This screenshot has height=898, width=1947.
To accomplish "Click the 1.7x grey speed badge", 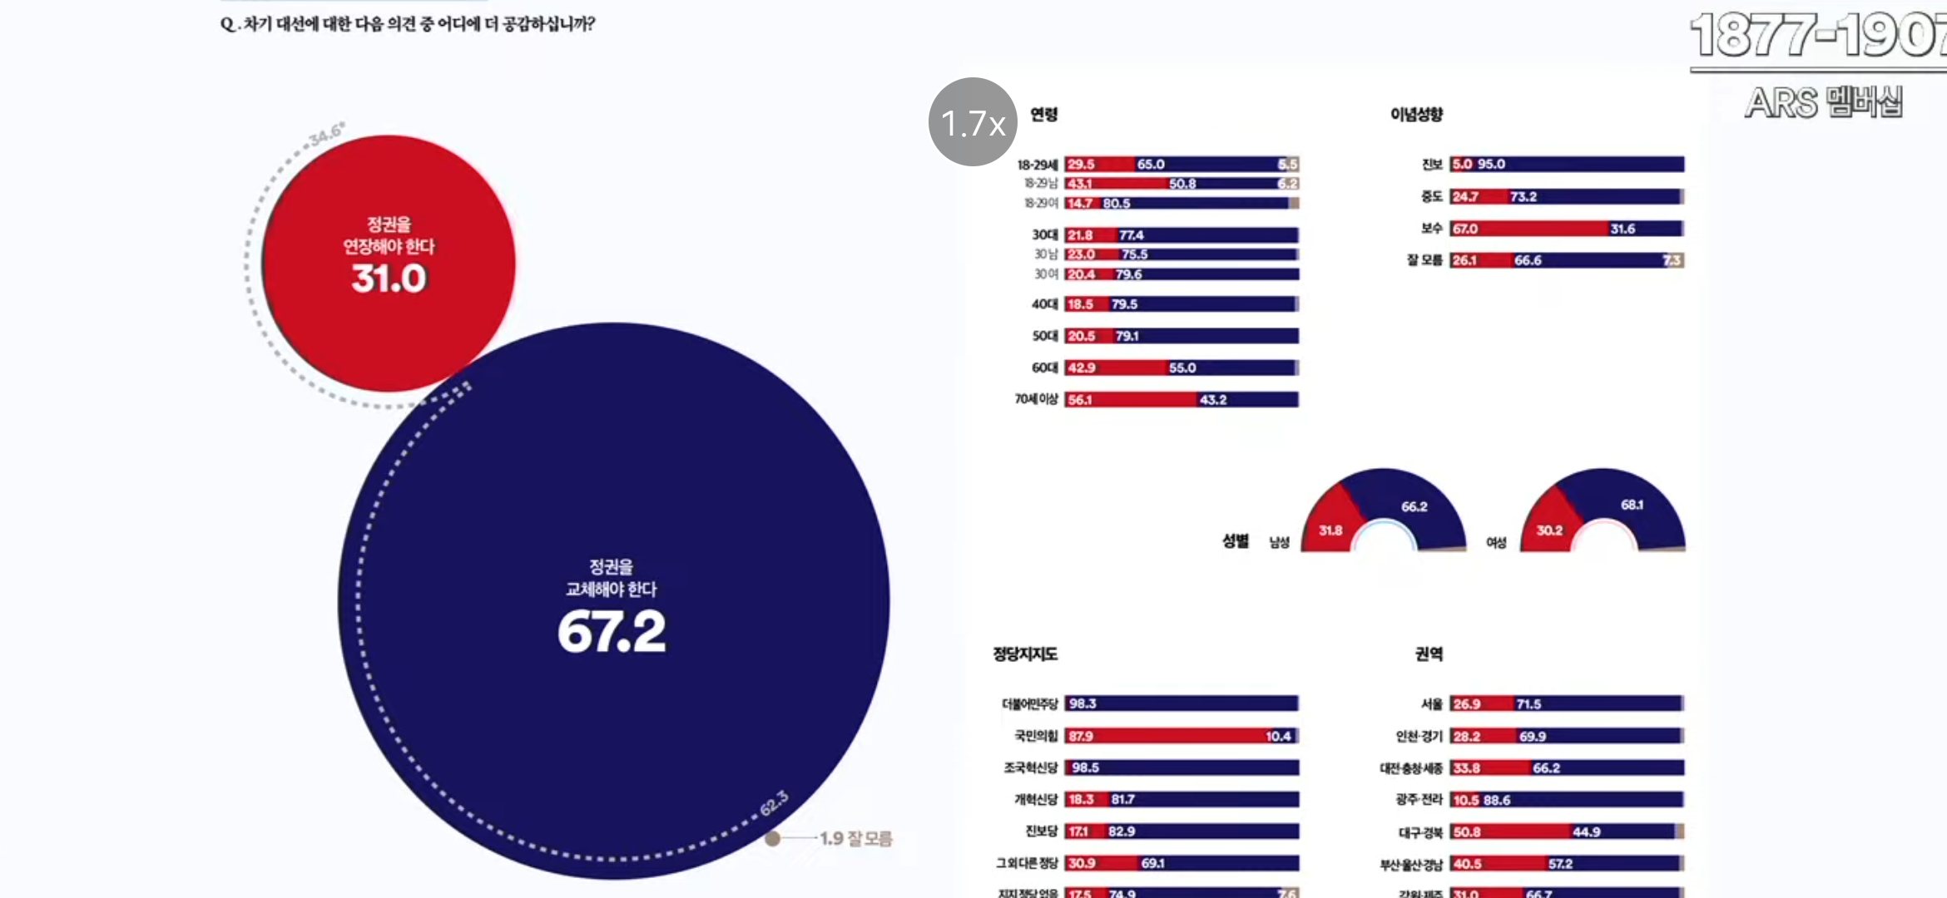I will pyautogui.click(x=972, y=122).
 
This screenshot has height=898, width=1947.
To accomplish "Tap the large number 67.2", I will pyautogui.click(x=612, y=632).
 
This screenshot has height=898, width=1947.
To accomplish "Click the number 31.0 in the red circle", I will pyautogui.click(x=389, y=278).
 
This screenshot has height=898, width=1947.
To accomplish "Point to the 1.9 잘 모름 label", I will pyautogui.click(x=855, y=838).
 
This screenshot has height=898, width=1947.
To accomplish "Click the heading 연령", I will pyautogui.click(x=1043, y=114).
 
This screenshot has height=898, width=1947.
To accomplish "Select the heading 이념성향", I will pyautogui.click(x=1416, y=114).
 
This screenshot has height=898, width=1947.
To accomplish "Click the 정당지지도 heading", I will pyautogui.click(x=1025, y=654).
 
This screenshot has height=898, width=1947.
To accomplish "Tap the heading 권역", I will pyautogui.click(x=1429, y=654).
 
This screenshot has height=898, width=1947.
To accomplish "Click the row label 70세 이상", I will pyautogui.click(x=1036, y=400).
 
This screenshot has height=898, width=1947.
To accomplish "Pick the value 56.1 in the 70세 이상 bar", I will pyautogui.click(x=1080, y=400).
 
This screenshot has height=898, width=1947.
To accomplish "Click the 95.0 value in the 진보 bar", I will pyautogui.click(x=1491, y=165).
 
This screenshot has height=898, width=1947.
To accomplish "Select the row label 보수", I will pyautogui.click(x=1431, y=229).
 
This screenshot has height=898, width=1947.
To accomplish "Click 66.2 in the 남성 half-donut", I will pyautogui.click(x=1414, y=506).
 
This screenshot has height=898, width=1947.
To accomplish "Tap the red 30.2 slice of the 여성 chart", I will pyautogui.click(x=1548, y=530).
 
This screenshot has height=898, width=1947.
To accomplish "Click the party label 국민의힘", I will pyautogui.click(x=1036, y=736).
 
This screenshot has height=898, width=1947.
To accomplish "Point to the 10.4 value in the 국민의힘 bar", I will pyautogui.click(x=1278, y=736).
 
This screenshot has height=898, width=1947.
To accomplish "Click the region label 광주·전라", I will pyautogui.click(x=1419, y=800).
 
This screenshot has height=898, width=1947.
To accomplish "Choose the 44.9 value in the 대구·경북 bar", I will pyautogui.click(x=1586, y=831).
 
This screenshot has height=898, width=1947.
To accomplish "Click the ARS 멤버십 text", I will pyautogui.click(x=1823, y=103).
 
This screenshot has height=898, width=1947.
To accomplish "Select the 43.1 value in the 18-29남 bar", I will pyautogui.click(x=1079, y=184).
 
